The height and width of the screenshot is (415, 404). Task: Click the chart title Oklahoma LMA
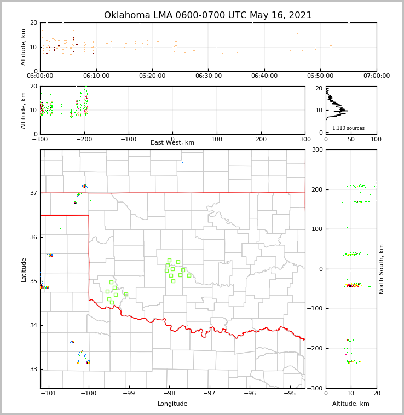[x=207, y=15]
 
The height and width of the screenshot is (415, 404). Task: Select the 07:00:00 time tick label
[x=376, y=76]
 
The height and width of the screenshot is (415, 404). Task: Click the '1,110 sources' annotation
[x=348, y=128]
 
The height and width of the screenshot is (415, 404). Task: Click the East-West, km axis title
[x=172, y=142]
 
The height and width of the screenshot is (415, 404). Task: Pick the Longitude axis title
[x=172, y=404]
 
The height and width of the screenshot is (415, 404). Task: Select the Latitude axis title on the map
[x=24, y=269]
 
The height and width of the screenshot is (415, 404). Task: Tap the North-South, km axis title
[x=382, y=269]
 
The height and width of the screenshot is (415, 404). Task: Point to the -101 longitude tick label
[x=48, y=394]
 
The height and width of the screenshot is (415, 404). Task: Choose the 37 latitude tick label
[x=33, y=193]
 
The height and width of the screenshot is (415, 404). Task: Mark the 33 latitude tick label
[x=33, y=369]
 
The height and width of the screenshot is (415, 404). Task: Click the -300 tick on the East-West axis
[x=40, y=139]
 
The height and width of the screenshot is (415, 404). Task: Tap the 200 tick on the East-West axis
[x=261, y=139]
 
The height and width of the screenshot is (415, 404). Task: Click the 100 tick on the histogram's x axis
[x=376, y=139]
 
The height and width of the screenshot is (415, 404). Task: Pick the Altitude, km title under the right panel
[x=351, y=404]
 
